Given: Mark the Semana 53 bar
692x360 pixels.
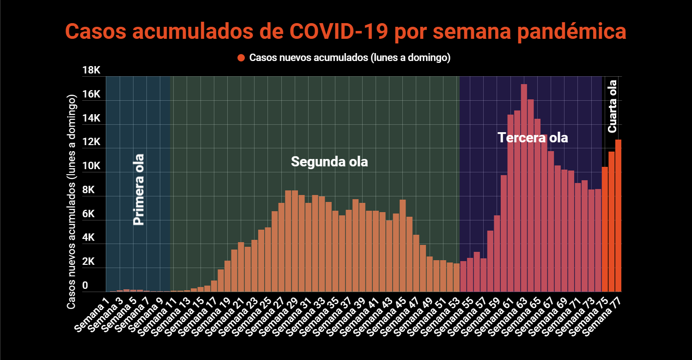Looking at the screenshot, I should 456,277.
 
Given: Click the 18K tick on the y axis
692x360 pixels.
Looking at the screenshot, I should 91,71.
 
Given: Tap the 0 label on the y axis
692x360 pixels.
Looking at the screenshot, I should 85,286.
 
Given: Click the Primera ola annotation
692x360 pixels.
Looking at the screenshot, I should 139,189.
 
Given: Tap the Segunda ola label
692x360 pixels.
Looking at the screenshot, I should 329,162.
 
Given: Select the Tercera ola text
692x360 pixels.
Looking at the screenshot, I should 533,138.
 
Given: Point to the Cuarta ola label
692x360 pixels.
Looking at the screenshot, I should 613,106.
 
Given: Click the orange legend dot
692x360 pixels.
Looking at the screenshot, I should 241,58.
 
